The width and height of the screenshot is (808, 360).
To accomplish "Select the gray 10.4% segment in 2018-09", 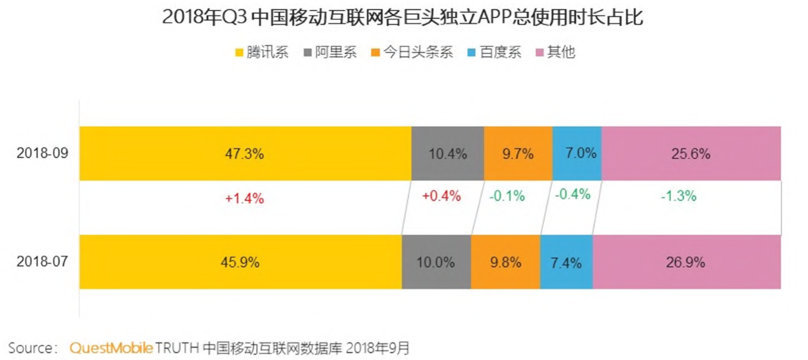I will (x=447, y=153).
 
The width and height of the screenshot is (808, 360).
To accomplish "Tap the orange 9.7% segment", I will (x=518, y=153).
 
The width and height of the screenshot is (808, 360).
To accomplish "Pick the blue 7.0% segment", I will (x=577, y=153).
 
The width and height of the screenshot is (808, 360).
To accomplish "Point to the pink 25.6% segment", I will (x=691, y=153).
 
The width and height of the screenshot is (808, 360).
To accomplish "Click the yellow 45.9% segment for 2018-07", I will (x=240, y=262).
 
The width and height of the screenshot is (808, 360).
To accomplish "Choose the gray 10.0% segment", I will (x=436, y=262).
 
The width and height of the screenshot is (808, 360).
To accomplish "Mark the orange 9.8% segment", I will (x=506, y=262).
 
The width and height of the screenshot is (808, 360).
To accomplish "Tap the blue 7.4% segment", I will (x=566, y=262).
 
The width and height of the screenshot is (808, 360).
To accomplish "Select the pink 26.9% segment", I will (x=686, y=262).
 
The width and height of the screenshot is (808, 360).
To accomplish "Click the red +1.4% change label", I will (x=244, y=198).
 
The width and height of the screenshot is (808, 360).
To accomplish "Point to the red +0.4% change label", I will (x=441, y=196).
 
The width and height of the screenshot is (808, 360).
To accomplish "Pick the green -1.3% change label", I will (x=679, y=196).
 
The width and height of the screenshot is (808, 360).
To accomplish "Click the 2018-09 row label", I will (x=42, y=153).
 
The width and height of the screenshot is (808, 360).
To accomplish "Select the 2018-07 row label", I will (x=42, y=261).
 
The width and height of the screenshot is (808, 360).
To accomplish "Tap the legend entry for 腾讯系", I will (x=262, y=52).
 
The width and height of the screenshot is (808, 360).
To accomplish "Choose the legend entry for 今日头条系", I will (x=412, y=52).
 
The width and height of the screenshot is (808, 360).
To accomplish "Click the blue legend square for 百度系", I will (x=472, y=52).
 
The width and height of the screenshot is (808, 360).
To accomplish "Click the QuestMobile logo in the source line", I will (x=111, y=348).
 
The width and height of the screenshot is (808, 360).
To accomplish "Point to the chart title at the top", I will (x=403, y=17).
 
